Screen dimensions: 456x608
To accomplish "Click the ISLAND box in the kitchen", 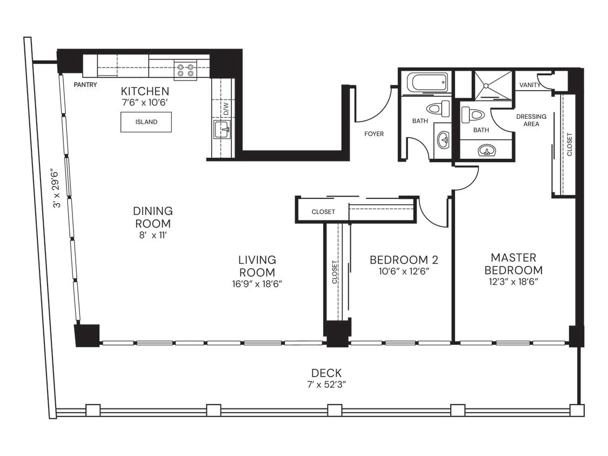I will click(x=146, y=122).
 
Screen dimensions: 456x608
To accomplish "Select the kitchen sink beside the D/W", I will click(x=222, y=130).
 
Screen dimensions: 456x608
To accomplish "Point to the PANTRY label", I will click(x=85, y=85).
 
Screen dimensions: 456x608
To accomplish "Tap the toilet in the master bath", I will click(x=473, y=115).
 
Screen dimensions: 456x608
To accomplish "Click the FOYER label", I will click(x=374, y=133).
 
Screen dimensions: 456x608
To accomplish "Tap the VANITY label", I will click(x=530, y=85).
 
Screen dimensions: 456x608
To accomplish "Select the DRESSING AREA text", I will click(x=531, y=120).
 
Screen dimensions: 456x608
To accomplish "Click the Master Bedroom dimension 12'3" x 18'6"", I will click(x=513, y=281).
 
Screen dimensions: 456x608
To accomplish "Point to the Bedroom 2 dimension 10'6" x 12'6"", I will click(x=404, y=272).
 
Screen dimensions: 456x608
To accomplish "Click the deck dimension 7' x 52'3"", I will click(x=326, y=385).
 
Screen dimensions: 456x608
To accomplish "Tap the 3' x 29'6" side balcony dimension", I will click(x=54, y=190).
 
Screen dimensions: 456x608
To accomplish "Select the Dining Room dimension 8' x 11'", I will click(x=153, y=235).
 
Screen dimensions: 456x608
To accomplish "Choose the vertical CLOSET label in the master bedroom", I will click(x=569, y=144).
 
